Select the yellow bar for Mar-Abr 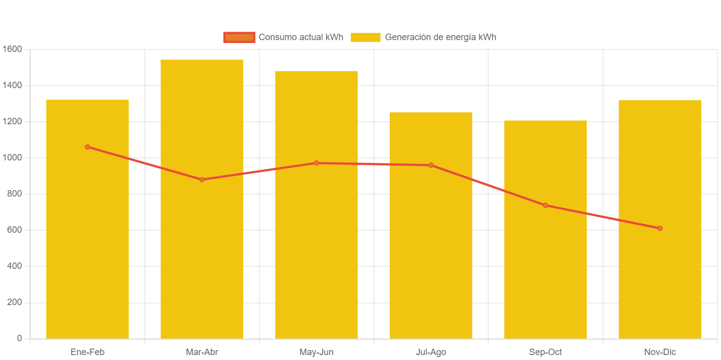pyautogui.click(x=202, y=257)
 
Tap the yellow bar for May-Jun pyautogui.click(x=316, y=253)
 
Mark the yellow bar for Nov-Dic pyautogui.click(x=660, y=277)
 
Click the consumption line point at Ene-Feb pyautogui.click(x=87, y=147)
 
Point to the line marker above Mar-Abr pyautogui.click(x=202, y=180)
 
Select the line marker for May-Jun pyautogui.click(x=316, y=163)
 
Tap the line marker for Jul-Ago pyautogui.click(x=431, y=165)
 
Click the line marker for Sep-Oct pyautogui.click(x=545, y=206)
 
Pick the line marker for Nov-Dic pyautogui.click(x=660, y=228)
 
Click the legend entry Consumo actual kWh pyautogui.click(x=283, y=37)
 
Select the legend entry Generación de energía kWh pyautogui.click(x=423, y=37)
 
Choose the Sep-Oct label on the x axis pyautogui.click(x=545, y=352)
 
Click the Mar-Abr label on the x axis pyautogui.click(x=202, y=352)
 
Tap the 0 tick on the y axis pyautogui.click(x=19, y=338)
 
